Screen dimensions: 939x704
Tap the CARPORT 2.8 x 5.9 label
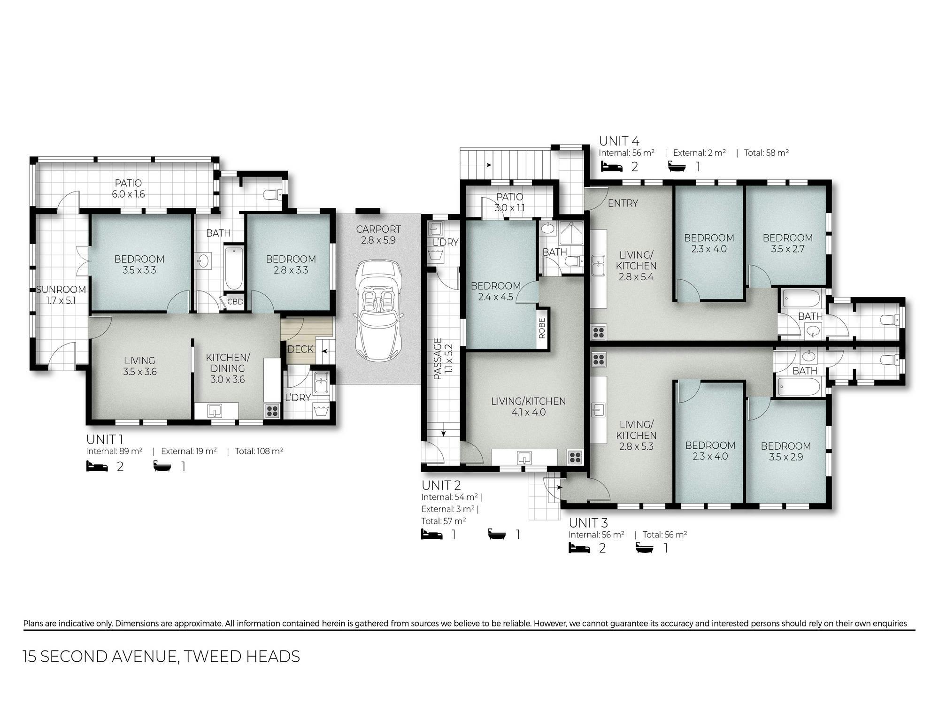[x=378, y=235]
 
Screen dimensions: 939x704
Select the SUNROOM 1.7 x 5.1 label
[x=61, y=295]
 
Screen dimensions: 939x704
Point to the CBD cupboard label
[x=235, y=302]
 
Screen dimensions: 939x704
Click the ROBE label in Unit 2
[x=542, y=328]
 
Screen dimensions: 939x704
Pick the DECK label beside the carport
[x=300, y=349]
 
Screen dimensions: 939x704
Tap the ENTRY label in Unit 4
[x=623, y=203]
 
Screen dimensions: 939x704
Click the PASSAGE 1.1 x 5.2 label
[x=442, y=359]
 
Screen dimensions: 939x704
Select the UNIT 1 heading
[x=105, y=439]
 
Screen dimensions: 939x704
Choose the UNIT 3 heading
[x=589, y=522]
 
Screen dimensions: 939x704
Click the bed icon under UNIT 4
[x=612, y=166]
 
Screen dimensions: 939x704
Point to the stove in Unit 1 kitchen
[x=272, y=411]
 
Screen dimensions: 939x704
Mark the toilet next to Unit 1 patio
[x=273, y=193]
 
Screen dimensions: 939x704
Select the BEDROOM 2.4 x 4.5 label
[x=496, y=291]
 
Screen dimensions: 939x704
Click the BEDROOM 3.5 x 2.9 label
[x=785, y=451]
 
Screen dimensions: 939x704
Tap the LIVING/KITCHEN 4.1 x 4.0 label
[x=528, y=407]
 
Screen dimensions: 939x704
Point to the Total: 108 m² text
[x=259, y=451]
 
